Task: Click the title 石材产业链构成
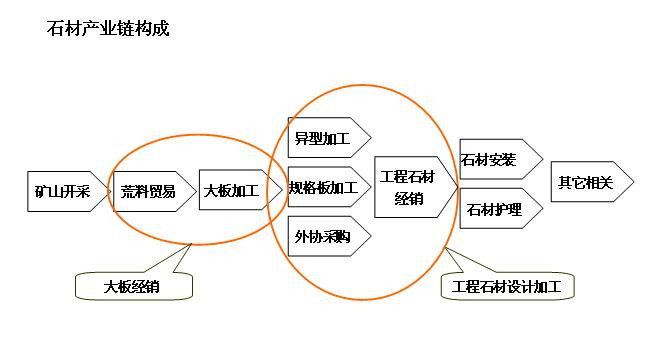pos(108,29)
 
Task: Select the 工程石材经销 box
pos(410,187)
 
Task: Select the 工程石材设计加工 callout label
pos(507,287)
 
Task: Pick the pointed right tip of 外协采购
pos(370,237)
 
